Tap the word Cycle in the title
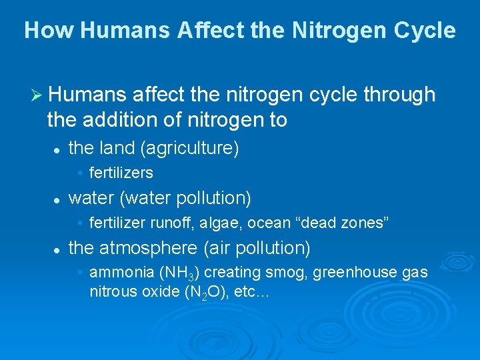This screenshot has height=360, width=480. [424, 31]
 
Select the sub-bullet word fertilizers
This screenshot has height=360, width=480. [121, 173]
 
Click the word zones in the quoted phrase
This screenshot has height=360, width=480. [363, 222]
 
